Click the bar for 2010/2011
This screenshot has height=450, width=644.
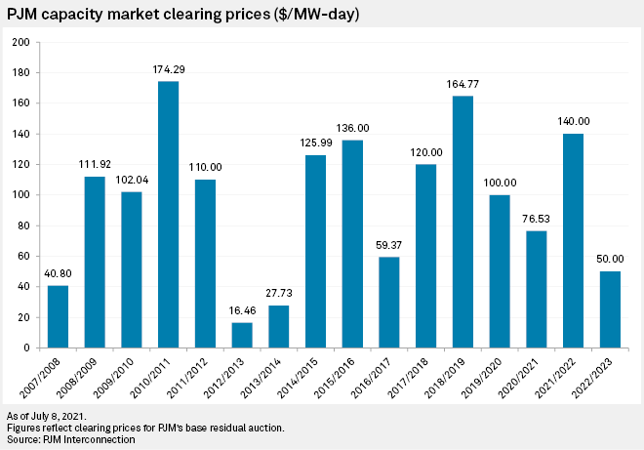click(x=168, y=214)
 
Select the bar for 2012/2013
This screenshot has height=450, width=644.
click(x=242, y=334)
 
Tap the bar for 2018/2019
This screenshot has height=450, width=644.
click(x=463, y=221)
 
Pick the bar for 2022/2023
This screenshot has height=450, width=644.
click(x=610, y=308)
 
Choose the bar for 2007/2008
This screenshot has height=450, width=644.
click(x=58, y=315)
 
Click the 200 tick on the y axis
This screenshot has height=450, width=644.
click(x=20, y=42)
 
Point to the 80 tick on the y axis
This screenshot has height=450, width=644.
click(x=23, y=225)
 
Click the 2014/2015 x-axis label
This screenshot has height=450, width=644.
click(x=314, y=377)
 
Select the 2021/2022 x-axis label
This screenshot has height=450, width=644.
click(x=572, y=377)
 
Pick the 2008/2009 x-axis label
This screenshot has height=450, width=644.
click(x=94, y=377)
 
